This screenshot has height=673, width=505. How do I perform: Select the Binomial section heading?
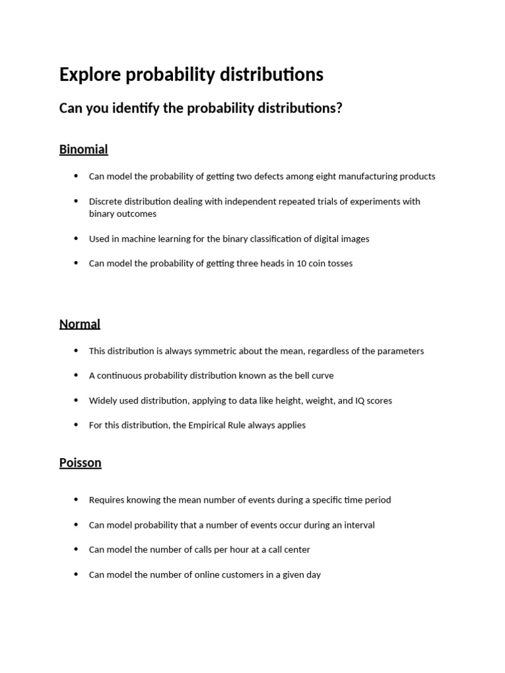(x=84, y=150)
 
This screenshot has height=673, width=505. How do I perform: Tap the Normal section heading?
(x=80, y=324)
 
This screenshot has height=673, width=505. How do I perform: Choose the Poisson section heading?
(x=80, y=463)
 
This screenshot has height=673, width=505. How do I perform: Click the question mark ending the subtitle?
(x=339, y=108)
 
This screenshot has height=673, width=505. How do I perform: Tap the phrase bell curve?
(x=314, y=376)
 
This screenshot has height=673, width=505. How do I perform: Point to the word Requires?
(x=106, y=500)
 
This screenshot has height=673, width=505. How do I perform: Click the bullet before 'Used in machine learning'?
(x=76, y=239)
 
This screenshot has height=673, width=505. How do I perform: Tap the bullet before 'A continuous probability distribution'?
(x=76, y=375)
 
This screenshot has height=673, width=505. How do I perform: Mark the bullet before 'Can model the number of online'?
(x=76, y=574)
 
